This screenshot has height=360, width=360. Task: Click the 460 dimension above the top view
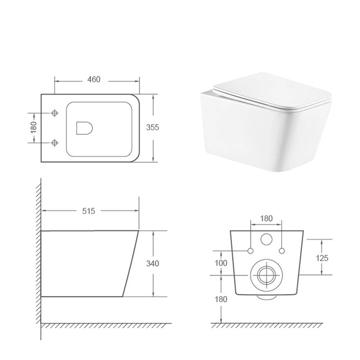pos(94,80)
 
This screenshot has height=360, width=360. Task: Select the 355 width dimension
pos(153,127)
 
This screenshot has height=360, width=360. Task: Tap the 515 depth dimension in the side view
pos(88,211)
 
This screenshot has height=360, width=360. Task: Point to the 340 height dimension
pos(153,264)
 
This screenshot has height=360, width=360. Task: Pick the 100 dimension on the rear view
pos(221,263)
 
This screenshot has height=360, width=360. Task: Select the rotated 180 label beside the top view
pos(33,127)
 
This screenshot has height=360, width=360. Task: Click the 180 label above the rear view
pos(266,218)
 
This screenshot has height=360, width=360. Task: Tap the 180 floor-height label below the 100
pos(221,299)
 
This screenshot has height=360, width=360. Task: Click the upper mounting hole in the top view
pos(55,113)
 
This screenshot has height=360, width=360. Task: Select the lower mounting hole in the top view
pos(55,143)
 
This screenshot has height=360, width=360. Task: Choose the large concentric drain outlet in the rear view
pos(266,275)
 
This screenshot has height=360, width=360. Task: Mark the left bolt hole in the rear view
pos(251,251)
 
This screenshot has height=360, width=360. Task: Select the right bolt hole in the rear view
pos(282,251)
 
